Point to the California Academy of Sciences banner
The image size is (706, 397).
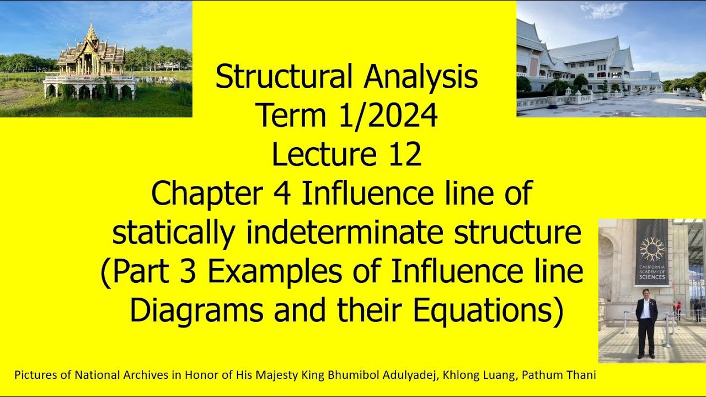click(652, 252)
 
